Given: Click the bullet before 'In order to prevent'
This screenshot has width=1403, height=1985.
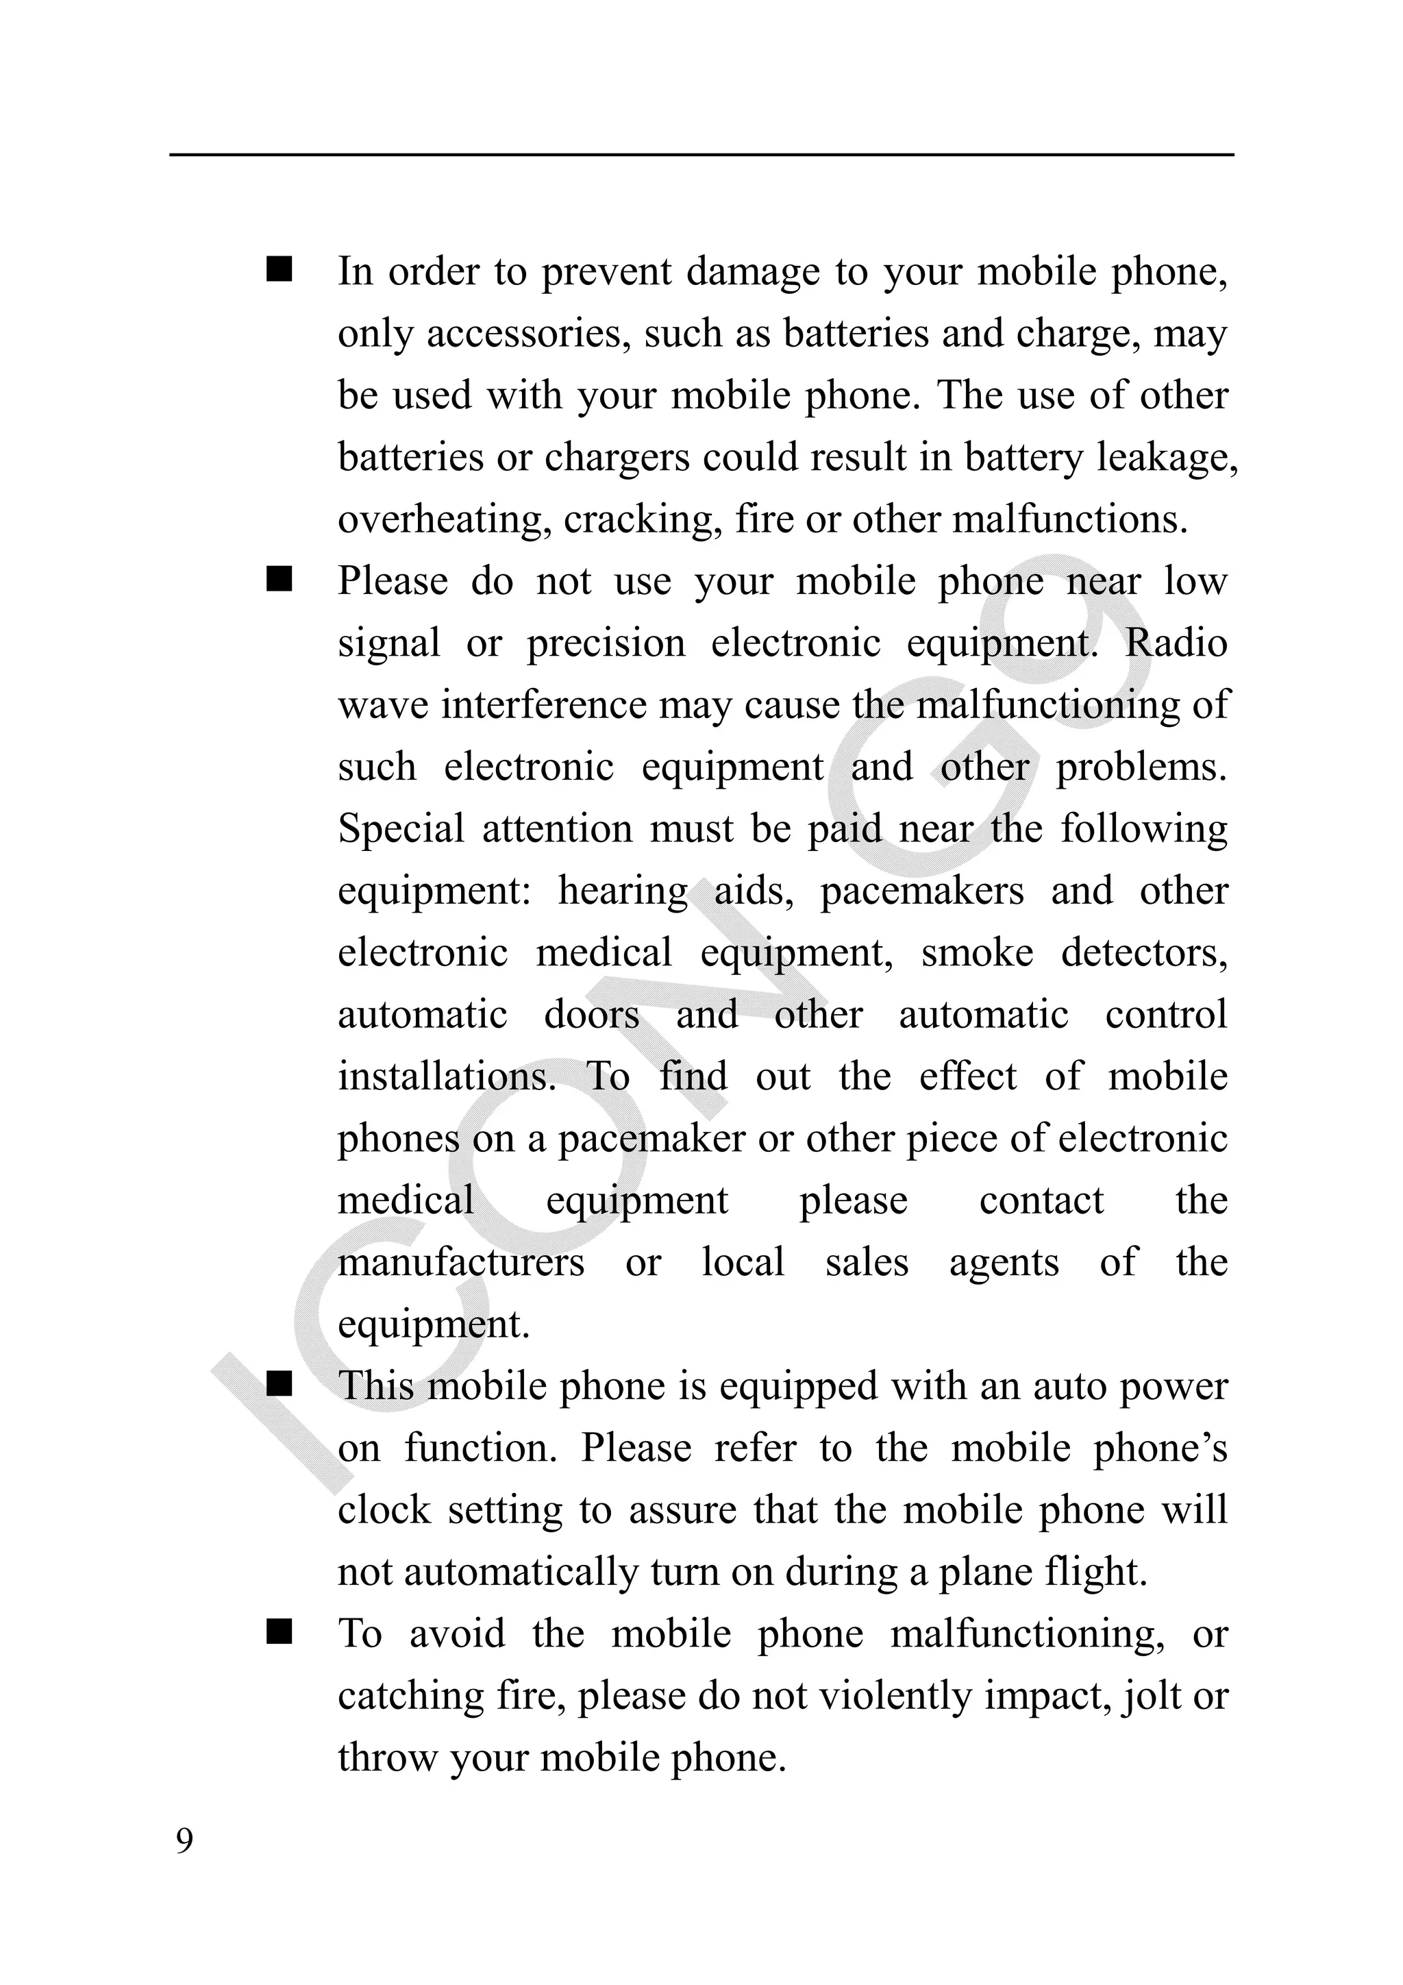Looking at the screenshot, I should tap(280, 270).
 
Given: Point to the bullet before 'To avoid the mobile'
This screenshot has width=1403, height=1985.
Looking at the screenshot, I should tap(280, 1633).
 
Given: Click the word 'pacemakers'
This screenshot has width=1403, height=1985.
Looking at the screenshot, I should tap(921, 891).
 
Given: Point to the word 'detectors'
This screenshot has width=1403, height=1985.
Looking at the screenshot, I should tap(1143, 952).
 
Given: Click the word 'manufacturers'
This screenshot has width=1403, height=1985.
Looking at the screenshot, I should tap(461, 1263).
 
